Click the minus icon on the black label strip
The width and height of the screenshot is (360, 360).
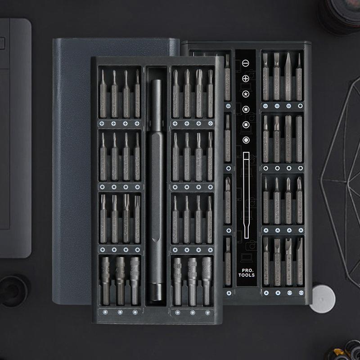coord(246,63)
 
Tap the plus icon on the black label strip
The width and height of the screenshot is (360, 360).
coord(246,79)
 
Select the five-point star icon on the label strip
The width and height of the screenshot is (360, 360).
coord(246,94)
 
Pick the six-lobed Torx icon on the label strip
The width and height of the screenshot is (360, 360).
coord(246,109)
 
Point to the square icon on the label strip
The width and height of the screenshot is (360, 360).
coord(246,124)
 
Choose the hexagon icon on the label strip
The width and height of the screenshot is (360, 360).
coord(246,140)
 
